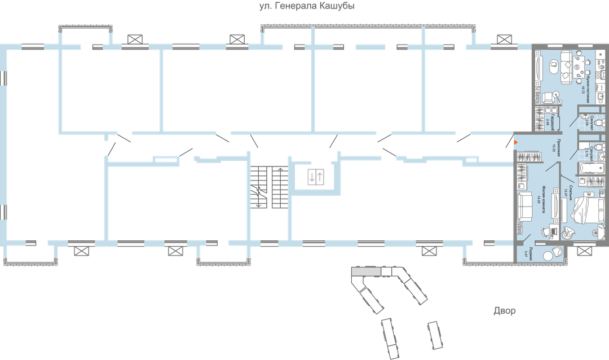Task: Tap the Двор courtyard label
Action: tap(504, 311)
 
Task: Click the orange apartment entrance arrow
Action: tap(516, 144)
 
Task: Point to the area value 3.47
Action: tap(526, 254)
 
